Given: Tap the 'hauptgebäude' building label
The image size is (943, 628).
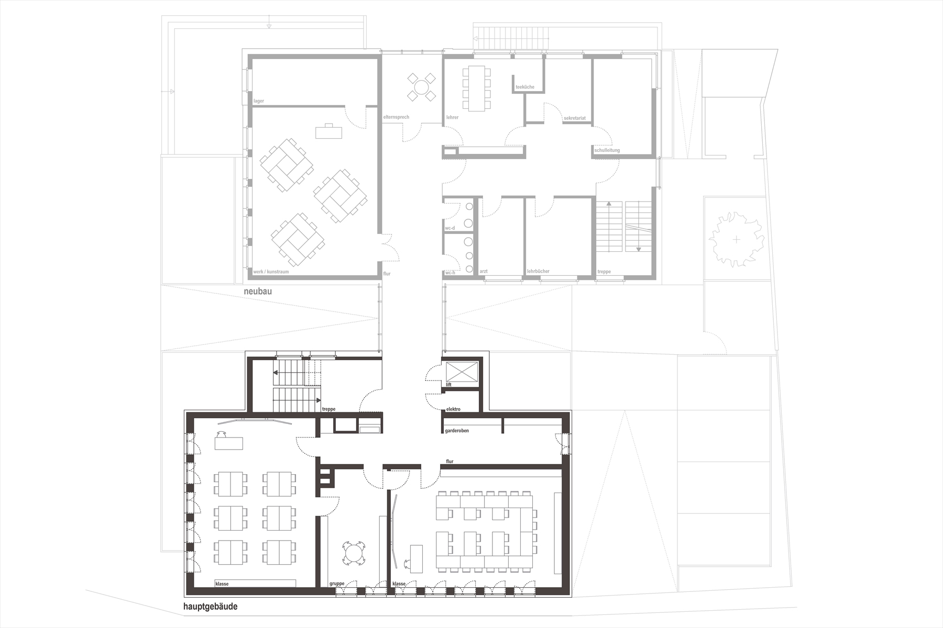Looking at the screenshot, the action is point(210,607).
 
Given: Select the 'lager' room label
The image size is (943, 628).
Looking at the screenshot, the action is point(258,101).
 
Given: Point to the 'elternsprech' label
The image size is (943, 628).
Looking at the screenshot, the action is point(396,117).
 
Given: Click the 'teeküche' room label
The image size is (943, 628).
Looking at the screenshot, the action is point(525,87).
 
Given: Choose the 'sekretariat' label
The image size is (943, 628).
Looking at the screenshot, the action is point(575,119).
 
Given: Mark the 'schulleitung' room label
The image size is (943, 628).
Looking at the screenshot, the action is point(607,150).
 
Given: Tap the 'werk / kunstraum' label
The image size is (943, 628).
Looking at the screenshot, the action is point(271,272).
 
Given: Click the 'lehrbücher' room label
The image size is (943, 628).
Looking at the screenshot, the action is point(539,272).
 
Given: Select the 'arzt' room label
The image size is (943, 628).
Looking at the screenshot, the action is point(484,272).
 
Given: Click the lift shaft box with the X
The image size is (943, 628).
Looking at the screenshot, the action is point(462,371).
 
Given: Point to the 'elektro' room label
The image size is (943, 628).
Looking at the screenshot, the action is point(453,409).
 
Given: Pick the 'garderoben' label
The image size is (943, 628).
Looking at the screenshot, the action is point(457,431).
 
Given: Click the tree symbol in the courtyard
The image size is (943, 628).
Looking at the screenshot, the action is point(737,240).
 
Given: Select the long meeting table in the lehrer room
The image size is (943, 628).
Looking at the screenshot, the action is point(477,88).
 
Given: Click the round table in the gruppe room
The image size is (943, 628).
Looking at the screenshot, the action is point(354,554).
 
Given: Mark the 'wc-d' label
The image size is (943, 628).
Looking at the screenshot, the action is point(450,228).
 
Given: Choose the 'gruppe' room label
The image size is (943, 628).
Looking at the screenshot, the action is point(337,583).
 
